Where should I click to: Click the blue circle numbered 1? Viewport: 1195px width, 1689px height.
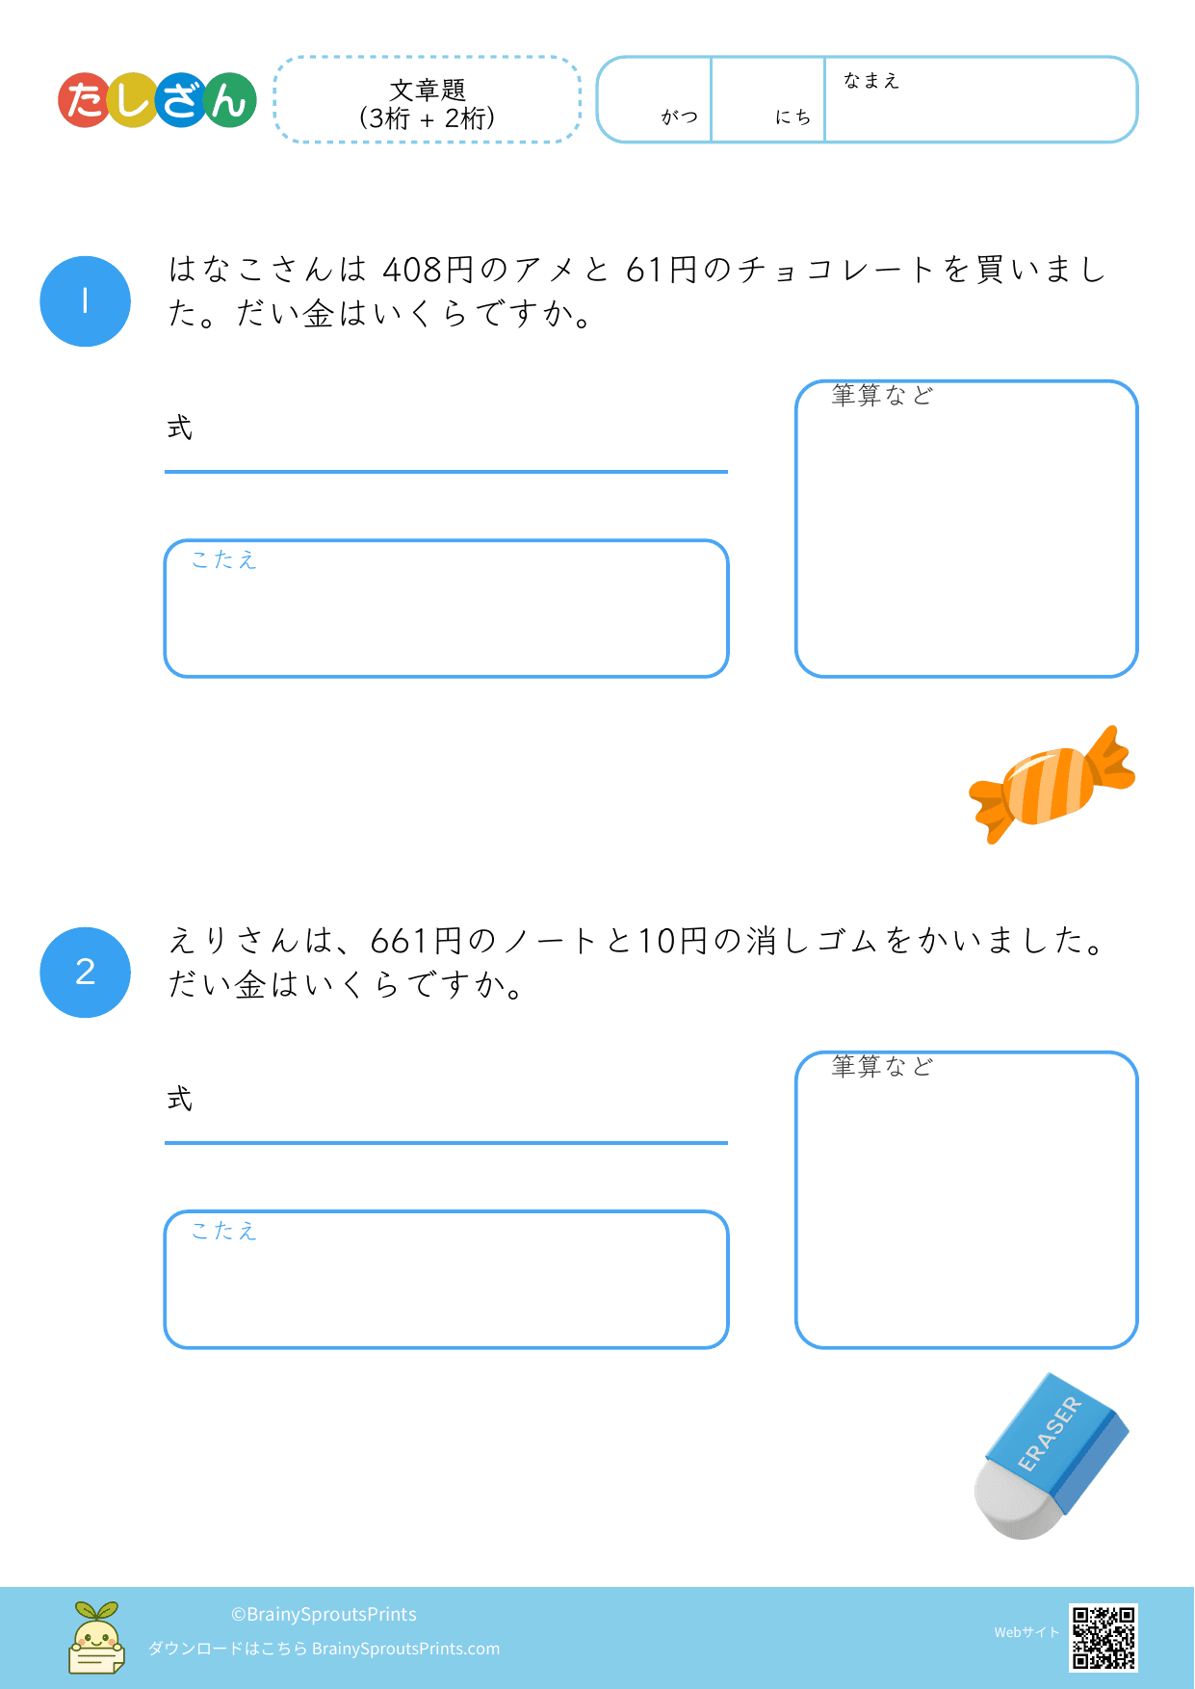pyautogui.click(x=85, y=301)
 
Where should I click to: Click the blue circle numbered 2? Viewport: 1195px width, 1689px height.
pyautogui.click(x=85, y=973)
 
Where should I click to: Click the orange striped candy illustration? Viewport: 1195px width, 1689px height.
pyautogui.click(x=1052, y=785)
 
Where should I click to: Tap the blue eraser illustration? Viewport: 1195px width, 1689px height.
pyautogui.click(x=1051, y=1456)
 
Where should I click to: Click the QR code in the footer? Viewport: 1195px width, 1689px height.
pyautogui.click(x=1104, y=1637)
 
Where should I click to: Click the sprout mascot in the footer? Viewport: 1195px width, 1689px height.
pyautogui.click(x=96, y=1637)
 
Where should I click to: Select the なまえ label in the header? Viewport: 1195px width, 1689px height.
pyautogui.click(x=871, y=81)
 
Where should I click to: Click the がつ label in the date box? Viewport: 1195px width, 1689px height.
pyautogui.click(x=680, y=117)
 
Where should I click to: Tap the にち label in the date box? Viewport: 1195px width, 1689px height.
pyautogui.click(x=793, y=117)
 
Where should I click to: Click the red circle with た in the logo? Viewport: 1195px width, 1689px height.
pyautogui.click(x=86, y=100)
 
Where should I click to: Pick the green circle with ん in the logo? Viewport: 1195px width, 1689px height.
pyautogui.click(x=229, y=100)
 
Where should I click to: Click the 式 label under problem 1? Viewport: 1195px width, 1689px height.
pyautogui.click(x=180, y=427)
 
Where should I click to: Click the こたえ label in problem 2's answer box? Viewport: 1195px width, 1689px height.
pyautogui.click(x=224, y=1231)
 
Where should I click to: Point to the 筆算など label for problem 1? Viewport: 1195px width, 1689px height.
pyautogui.click(x=883, y=395)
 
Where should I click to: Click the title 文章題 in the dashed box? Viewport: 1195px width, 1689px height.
pyautogui.click(x=428, y=90)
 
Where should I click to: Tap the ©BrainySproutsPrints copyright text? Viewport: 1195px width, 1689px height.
pyautogui.click(x=324, y=1614)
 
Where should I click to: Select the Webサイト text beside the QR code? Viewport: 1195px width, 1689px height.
pyautogui.click(x=1026, y=1632)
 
